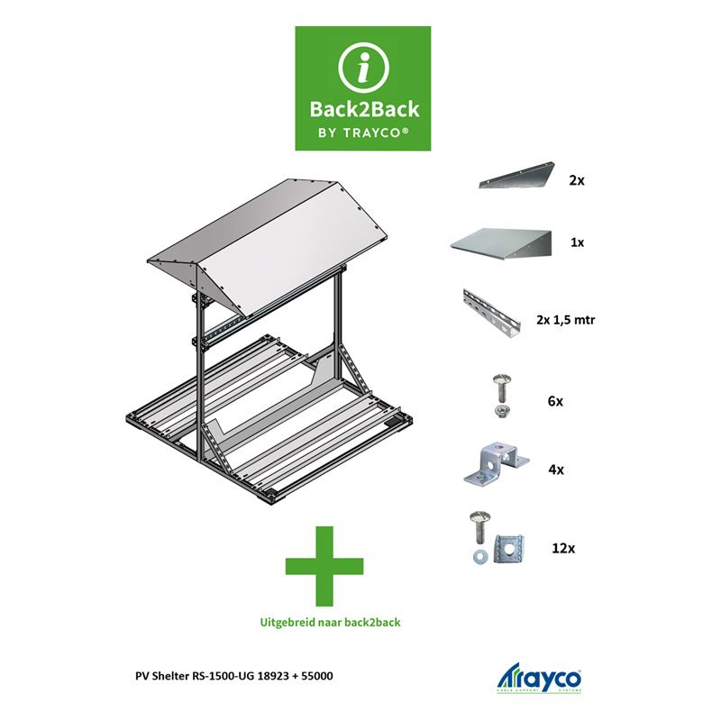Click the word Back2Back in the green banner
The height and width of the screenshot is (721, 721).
[364, 109]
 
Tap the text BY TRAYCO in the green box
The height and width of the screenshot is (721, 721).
[363, 132]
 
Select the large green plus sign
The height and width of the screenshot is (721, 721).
[324, 566]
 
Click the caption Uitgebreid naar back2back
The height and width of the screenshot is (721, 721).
[330, 623]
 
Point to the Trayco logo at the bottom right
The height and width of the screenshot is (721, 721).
[539, 678]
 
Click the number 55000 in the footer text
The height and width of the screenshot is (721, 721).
[317, 676]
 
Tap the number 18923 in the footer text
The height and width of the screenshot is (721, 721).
[273, 676]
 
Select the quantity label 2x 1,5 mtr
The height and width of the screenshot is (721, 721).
[565, 320]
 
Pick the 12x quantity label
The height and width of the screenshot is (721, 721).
[563, 548]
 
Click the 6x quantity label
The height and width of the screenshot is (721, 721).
[555, 401]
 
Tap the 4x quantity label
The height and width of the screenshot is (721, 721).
[556, 470]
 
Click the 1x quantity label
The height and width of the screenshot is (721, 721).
[577, 242]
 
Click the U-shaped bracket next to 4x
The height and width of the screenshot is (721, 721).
[496, 463]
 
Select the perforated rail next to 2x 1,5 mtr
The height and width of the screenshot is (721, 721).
[491, 314]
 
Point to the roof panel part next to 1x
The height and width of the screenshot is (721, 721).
[500, 243]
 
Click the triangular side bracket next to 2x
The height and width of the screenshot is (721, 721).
[516, 175]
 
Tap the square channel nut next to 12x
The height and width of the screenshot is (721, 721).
[509, 548]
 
